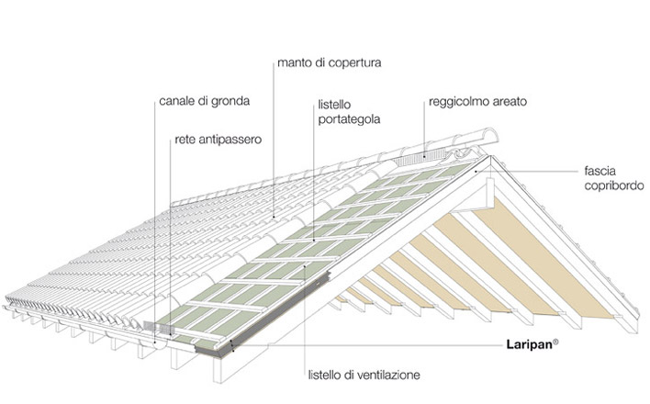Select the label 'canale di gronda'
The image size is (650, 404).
(x=204, y=99)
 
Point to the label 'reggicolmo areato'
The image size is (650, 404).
(x=477, y=102)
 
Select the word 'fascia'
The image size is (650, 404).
(x=598, y=171)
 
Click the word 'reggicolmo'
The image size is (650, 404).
(x=459, y=102)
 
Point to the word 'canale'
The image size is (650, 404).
(x=175, y=99)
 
